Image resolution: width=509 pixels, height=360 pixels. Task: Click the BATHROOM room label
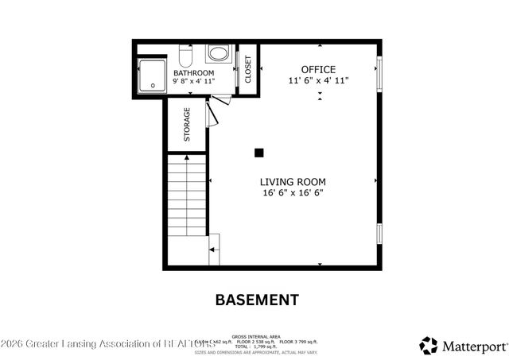tap(194, 73)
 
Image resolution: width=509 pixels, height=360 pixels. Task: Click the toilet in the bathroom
tap(186, 56)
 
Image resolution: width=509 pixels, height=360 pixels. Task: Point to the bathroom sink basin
tap(217, 54)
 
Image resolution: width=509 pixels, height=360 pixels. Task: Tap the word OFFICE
tap(317, 69)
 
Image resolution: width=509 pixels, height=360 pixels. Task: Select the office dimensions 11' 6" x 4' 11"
tap(317, 80)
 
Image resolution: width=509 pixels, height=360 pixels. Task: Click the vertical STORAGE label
tap(188, 124)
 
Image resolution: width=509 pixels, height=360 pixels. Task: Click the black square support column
tap(258, 152)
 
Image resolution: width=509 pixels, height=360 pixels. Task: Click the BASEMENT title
tap(258, 300)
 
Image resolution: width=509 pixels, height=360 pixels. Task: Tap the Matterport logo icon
tap(429, 345)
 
